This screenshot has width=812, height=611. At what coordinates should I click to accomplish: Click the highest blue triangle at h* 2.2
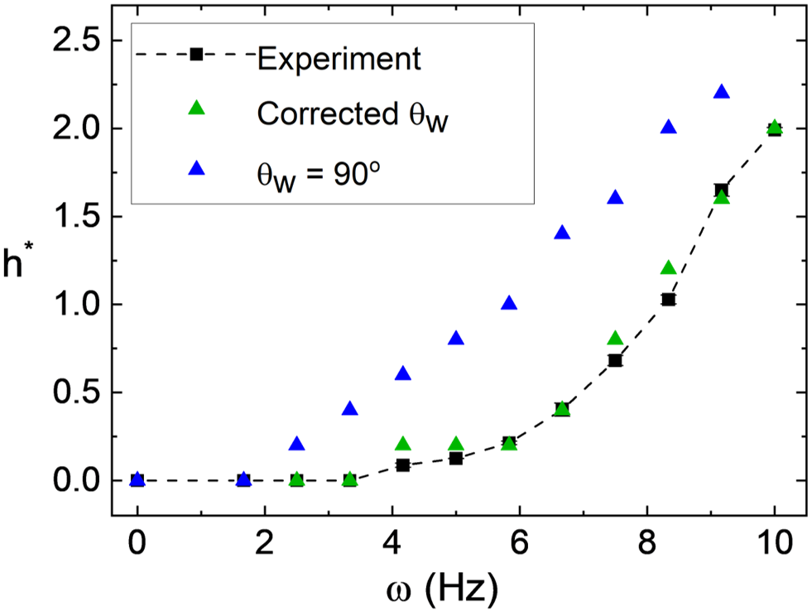[x=722, y=93]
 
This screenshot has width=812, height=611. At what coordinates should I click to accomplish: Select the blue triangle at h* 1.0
[x=509, y=303]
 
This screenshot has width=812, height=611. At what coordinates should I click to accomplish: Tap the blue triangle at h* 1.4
[x=562, y=233]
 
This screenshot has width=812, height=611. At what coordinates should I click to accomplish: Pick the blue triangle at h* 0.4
[x=350, y=409]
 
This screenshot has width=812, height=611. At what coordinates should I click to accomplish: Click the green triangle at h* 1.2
[x=669, y=268]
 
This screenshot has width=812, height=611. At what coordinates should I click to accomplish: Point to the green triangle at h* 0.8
[x=615, y=339]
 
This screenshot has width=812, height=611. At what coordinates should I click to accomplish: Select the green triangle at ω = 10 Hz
[x=775, y=127]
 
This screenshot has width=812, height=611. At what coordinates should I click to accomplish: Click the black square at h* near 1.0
[x=669, y=299]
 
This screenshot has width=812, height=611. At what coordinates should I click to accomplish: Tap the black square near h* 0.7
[x=615, y=360]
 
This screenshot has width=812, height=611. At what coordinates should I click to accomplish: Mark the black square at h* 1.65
[x=722, y=190]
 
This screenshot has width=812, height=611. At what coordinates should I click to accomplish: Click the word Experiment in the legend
[x=339, y=59]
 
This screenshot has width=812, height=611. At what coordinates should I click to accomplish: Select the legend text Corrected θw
[x=353, y=115]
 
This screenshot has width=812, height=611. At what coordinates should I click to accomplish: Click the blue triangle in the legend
[x=196, y=168]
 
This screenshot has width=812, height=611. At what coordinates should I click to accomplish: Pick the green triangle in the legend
[x=196, y=108]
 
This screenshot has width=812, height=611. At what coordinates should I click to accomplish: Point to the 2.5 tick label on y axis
[x=77, y=41]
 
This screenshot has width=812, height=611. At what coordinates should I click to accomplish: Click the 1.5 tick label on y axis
[x=77, y=216]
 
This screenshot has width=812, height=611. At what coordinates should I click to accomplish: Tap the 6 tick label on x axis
[x=520, y=543]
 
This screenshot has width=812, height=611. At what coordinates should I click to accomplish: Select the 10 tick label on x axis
[x=775, y=543]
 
